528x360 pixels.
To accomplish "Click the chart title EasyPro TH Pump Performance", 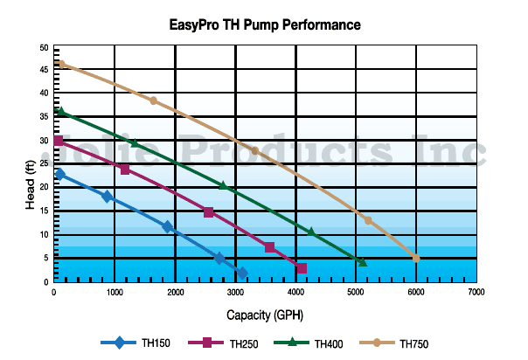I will coord(264,24).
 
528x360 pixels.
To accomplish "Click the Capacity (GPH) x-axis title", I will coord(265,314).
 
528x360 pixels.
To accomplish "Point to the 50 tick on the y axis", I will coord(45,46).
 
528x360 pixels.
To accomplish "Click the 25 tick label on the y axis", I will coord(45,164).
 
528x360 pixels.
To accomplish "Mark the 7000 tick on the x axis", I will coord(476,292).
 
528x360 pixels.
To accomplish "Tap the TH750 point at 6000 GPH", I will coord(416,258).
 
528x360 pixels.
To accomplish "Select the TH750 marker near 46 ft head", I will coord(61,64).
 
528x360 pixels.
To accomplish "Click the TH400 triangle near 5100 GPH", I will coord(362,262).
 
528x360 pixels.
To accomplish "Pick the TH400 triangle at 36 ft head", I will coord(60,112).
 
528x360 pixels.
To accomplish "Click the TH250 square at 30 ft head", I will coord(59,141).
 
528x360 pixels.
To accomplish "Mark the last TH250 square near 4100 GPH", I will coord(302,268).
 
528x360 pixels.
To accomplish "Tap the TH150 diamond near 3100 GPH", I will coord(242,273).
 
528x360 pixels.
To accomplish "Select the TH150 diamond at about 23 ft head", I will coord(59,174).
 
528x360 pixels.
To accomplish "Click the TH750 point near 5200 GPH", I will coord(368,220).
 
